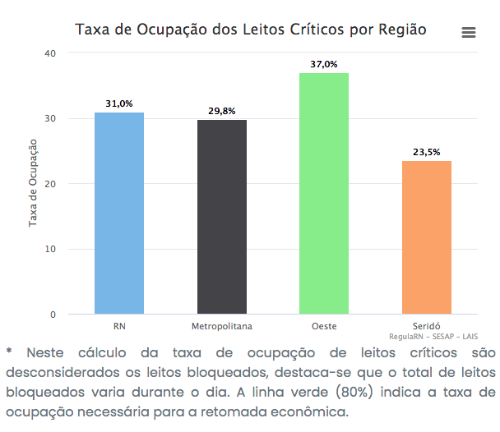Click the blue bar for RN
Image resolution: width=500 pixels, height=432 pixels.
point(119,214)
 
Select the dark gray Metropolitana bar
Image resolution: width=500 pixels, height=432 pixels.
point(221,217)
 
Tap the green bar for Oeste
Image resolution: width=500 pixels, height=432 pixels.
point(324,194)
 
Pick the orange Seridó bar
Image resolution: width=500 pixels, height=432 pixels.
point(426,237)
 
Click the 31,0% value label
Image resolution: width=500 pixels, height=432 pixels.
point(119,104)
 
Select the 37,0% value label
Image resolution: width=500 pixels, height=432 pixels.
point(324,64)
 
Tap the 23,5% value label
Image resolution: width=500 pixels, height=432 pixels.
point(426,152)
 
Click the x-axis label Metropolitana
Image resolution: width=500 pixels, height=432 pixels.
point(221,326)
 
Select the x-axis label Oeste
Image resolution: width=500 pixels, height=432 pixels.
point(324,326)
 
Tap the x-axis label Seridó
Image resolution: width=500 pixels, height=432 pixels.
point(426,326)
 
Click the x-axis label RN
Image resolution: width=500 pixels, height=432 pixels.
point(119,326)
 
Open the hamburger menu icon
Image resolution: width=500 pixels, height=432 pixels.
point(469,32)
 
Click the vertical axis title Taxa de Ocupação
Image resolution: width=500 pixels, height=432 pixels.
point(34,183)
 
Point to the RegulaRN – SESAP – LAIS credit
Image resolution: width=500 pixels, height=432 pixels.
point(433,337)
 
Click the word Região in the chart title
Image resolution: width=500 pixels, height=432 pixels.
point(401,30)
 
